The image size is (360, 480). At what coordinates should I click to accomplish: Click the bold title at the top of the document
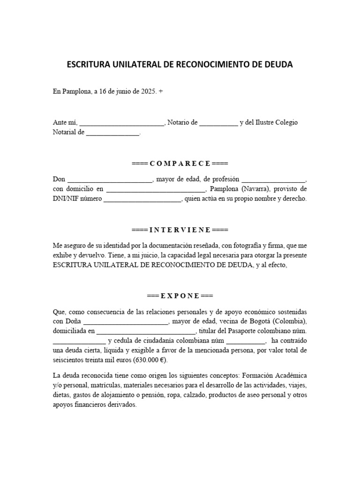[180, 65]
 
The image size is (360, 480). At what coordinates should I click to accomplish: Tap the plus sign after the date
[161, 92]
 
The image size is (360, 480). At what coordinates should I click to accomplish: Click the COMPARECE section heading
[180, 163]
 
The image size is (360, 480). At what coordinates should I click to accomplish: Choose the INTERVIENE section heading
[180, 230]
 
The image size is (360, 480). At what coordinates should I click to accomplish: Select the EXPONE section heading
[180, 296]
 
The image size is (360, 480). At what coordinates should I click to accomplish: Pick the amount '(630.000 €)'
[150, 360]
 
